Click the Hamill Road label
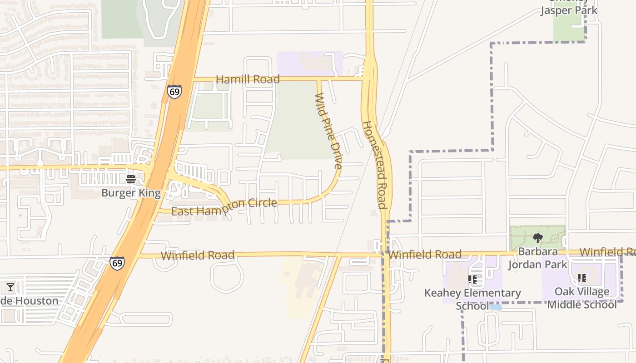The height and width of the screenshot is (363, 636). [248, 79]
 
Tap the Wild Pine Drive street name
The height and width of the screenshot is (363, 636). [328, 131]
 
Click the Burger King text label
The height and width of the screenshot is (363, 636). [131, 193]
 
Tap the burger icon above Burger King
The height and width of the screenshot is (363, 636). [131, 179]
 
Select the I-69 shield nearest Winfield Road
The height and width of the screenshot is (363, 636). [117, 263]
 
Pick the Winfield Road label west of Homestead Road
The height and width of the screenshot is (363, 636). [198, 255]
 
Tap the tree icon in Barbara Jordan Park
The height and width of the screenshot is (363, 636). [538, 238]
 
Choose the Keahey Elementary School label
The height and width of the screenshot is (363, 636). [472, 299]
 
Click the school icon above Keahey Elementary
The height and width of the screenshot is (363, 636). [472, 280]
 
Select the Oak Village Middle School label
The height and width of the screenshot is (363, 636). [581, 298]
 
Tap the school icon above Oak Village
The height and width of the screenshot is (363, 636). [581, 278]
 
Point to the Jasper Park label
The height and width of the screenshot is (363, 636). [568, 10]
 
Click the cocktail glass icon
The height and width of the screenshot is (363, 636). [10, 287]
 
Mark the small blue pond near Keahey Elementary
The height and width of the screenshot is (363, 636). [496, 307]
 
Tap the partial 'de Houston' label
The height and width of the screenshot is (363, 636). [30, 301]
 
